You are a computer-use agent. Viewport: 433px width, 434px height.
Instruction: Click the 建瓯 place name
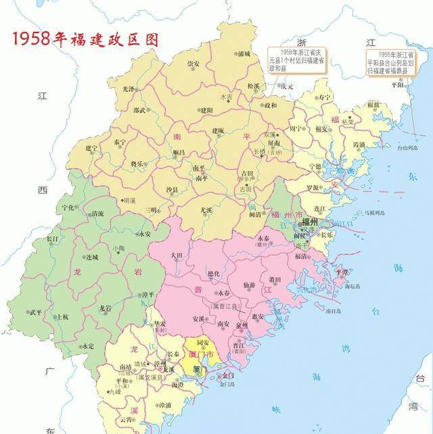(x=218, y=130)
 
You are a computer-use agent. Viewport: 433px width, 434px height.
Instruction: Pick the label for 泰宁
(x=120, y=143)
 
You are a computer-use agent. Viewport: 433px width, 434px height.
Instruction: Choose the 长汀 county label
(x=52, y=239)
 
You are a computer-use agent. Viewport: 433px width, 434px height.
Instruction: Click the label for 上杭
(x=61, y=316)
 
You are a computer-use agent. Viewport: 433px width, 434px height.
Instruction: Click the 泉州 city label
(x=242, y=324)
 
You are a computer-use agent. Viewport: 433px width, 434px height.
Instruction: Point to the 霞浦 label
(x=357, y=144)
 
